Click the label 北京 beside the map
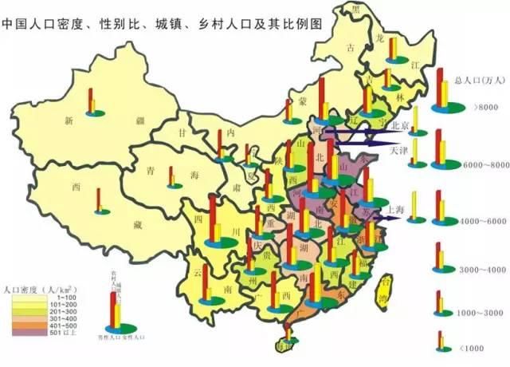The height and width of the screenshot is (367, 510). point(399,126)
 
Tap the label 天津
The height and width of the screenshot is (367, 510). point(398,149)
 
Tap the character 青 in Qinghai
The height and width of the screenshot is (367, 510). point(149,171)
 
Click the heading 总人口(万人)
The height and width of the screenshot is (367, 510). point(479,80)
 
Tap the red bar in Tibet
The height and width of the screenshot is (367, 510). point(98,199)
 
